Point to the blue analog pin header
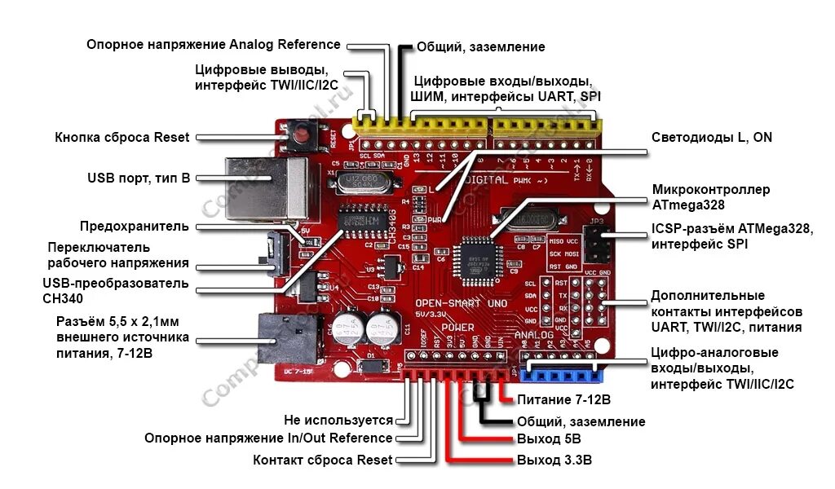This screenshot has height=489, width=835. (x=563, y=373)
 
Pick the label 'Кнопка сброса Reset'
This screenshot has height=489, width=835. (x=122, y=137)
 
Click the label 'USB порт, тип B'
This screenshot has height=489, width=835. (x=139, y=177)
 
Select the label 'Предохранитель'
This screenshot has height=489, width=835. (x=135, y=226)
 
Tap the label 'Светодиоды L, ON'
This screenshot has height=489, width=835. (x=711, y=137)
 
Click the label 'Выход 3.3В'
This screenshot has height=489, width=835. (x=554, y=460)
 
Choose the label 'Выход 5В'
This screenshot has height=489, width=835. (x=548, y=440)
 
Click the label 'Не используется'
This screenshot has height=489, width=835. (x=338, y=421)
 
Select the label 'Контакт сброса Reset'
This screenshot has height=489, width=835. (x=323, y=460)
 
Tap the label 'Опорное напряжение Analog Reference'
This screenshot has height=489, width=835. (x=214, y=44)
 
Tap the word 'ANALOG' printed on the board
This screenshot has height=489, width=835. (x=534, y=335)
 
